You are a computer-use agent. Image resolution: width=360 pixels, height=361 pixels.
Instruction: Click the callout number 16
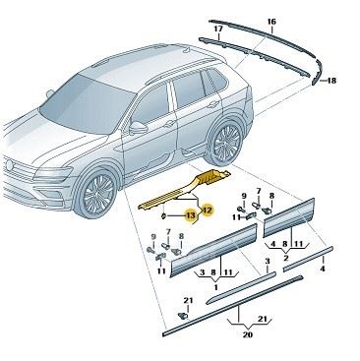pos(271,22)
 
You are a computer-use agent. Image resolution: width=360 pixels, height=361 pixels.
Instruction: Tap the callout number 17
pos(218,29)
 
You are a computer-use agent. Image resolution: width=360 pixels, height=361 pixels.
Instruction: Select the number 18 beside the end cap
pos(331,81)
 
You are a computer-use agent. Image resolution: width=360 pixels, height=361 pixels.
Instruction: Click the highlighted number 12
pos(208,210)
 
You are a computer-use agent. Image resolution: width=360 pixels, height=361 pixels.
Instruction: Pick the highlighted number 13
pos(190,215)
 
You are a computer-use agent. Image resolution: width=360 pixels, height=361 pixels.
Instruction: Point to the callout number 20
pos(248,334)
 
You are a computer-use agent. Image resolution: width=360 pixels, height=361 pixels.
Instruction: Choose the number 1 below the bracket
pos(215,287)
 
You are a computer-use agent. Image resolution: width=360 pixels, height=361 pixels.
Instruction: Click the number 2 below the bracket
pos(285,258)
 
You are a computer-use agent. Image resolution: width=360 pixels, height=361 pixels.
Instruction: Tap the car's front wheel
pos(96,194)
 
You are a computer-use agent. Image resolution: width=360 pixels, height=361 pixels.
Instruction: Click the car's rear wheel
pos(225,143)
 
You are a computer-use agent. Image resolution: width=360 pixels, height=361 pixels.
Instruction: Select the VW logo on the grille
pos(10,164)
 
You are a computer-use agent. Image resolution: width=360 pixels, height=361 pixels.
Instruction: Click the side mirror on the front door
pos(138,127)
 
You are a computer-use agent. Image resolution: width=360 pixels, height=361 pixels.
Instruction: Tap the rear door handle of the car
pos(213,104)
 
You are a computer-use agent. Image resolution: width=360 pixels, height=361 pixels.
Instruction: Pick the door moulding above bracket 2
pos(288,217)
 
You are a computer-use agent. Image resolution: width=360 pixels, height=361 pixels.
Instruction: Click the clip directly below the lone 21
pos(183,316)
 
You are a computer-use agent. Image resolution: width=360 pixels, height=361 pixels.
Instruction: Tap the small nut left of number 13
pos(163,215)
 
